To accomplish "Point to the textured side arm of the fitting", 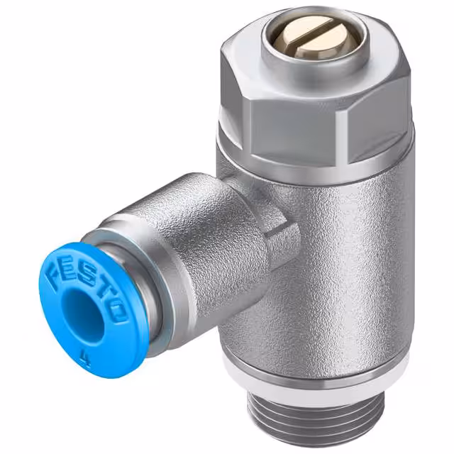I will point(192,234).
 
